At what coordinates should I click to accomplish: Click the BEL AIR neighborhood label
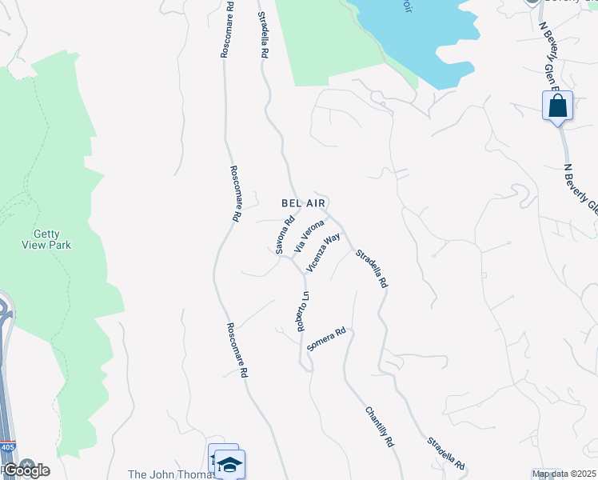[303, 203]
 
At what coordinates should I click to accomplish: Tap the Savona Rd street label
[285, 235]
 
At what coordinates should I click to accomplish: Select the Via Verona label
[309, 235]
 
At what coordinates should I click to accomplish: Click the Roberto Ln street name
[303, 312]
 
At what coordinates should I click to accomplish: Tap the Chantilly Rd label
[380, 428]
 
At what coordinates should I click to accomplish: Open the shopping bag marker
[557, 106]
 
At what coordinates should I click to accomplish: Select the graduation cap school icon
[229, 465]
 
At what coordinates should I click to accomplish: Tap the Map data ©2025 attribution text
[564, 474]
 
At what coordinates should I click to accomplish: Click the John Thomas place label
[172, 474]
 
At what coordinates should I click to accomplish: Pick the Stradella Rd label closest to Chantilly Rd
[446, 453]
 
